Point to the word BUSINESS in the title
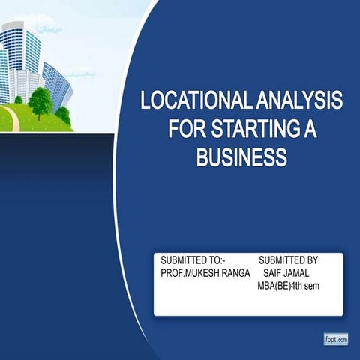click(x=241, y=157)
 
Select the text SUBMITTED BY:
click(x=289, y=260)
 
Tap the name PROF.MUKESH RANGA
click(x=205, y=273)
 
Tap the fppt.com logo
click(x=336, y=340)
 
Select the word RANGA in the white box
click(x=236, y=273)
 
